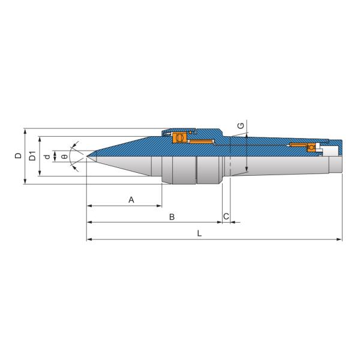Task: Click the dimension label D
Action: coord(18,156)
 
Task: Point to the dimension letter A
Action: coord(131,199)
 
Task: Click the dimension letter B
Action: coord(172,216)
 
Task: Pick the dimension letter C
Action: coord(226,216)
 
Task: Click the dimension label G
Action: coord(240,125)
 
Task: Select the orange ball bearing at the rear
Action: coord(312,147)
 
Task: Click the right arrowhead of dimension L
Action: coord(340,239)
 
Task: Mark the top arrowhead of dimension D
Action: coord(25,130)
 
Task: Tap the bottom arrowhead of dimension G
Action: coord(247,172)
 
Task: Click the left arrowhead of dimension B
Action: coord(89,223)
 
